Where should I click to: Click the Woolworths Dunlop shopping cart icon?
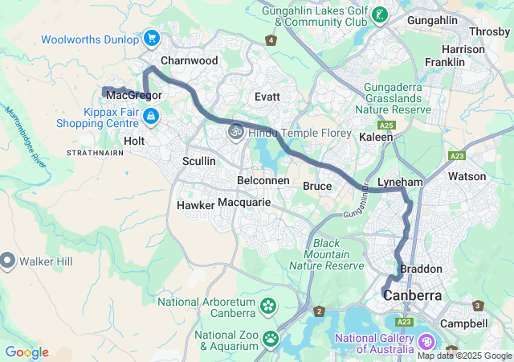pyautogui.click(x=151, y=38)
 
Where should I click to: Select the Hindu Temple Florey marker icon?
pyautogui.click(x=235, y=132)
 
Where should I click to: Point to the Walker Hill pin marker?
pyautogui.click(x=7, y=261)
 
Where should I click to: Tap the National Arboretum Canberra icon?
pyautogui.click(x=267, y=306)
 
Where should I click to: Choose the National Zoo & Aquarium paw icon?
pyautogui.click(x=271, y=338)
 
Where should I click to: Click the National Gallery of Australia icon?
pyautogui.click(x=425, y=343)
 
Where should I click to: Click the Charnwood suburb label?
pyautogui.click(x=189, y=60)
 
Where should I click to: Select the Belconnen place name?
pyautogui.click(x=263, y=180)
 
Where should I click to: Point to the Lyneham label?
pyautogui.click(x=399, y=183)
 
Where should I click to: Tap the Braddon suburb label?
pyautogui.click(x=420, y=269)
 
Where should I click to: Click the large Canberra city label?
pyautogui.click(x=413, y=295)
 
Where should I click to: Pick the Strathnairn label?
pyautogui.click(x=95, y=152)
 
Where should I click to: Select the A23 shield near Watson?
pyautogui.click(x=457, y=156)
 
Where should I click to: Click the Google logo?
pyautogui.click(x=27, y=352)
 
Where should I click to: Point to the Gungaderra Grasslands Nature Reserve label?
pyautogui.click(x=398, y=97)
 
